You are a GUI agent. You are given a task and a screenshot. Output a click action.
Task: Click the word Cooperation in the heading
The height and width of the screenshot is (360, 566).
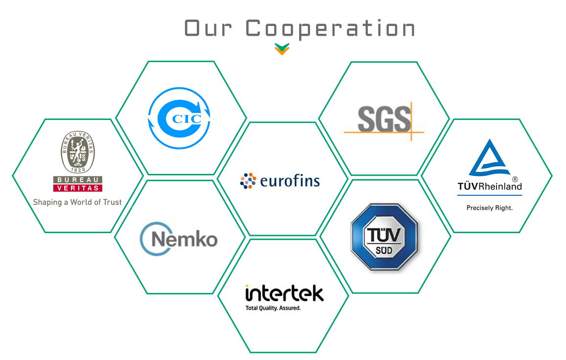click(330, 28)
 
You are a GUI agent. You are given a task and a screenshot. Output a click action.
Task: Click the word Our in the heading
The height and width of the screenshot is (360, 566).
click(208, 28)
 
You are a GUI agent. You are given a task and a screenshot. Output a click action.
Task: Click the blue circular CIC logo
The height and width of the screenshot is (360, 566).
click(180, 118)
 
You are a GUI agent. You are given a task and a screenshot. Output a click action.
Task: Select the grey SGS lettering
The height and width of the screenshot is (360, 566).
click(384, 119)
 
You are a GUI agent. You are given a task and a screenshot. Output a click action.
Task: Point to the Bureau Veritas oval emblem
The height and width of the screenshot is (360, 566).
click(77, 152)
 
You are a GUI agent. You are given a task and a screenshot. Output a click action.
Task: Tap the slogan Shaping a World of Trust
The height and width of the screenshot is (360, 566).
click(77, 202)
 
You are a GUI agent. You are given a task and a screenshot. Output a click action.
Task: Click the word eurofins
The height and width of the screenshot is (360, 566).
click(290, 182)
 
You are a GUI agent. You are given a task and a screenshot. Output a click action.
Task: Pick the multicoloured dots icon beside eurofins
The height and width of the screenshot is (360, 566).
click(248, 180)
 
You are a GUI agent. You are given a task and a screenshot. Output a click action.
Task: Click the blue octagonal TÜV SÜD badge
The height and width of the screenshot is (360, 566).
click(384, 237)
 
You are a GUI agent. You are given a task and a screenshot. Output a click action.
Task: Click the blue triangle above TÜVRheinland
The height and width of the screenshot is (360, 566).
click(489, 159)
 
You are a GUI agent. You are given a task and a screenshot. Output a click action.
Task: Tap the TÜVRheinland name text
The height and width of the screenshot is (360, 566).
click(489, 186)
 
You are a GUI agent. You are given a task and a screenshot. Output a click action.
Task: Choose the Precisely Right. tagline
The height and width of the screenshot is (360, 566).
click(489, 208)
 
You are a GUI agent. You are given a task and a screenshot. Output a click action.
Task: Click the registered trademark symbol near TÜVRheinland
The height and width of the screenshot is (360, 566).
click(515, 179)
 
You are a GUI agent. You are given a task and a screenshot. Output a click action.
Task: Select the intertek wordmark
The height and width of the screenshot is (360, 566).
click(284, 293)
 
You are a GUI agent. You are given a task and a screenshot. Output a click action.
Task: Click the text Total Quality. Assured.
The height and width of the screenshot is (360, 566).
click(273, 309)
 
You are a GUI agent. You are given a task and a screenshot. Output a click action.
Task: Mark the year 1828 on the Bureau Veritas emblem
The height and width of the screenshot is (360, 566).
click(77, 169)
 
